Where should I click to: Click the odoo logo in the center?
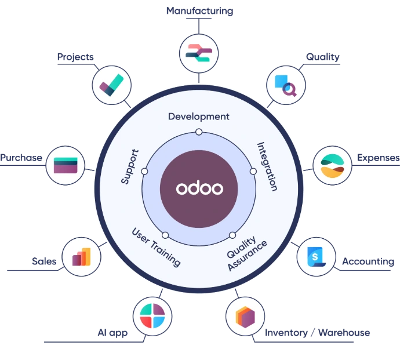click(x=199, y=188)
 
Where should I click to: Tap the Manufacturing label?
click(x=200, y=11)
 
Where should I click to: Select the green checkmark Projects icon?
click(x=111, y=85)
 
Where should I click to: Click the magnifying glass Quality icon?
click(x=286, y=85)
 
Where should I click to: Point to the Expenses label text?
click(x=378, y=158)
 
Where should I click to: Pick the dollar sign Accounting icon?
click(x=317, y=257)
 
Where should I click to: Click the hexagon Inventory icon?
click(x=245, y=317)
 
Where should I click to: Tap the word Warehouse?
click(x=344, y=333)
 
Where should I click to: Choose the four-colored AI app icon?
click(x=152, y=315)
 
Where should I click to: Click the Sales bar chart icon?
click(x=81, y=257)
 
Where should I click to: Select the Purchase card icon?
click(x=66, y=165)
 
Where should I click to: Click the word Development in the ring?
click(x=199, y=117)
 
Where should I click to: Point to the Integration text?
click(x=267, y=166)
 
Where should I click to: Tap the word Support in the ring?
click(x=130, y=166)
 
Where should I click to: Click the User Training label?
click(x=156, y=247)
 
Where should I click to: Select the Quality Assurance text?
click(x=247, y=253)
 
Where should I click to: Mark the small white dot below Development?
click(x=199, y=132)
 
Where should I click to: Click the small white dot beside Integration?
click(x=253, y=172)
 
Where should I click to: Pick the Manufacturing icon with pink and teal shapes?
click(x=199, y=53)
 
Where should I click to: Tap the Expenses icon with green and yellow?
click(x=332, y=166)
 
